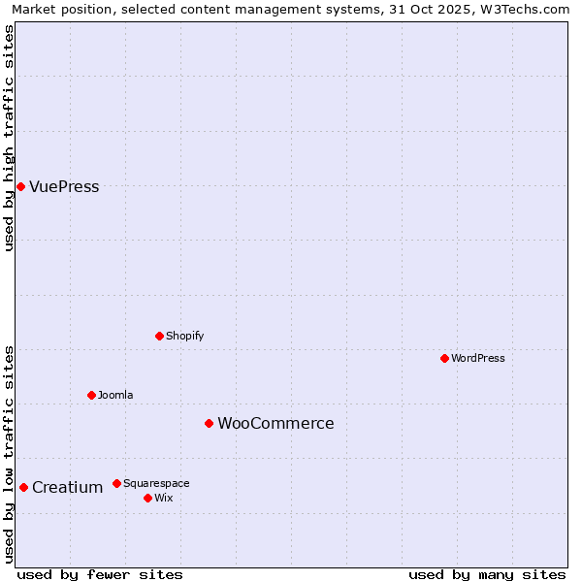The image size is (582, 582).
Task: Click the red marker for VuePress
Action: tap(20, 186)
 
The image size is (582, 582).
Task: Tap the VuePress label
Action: tap(64, 187)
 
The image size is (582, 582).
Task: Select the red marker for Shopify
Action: tap(159, 336)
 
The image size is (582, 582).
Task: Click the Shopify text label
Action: tap(184, 337)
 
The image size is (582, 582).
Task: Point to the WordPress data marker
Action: tap(444, 358)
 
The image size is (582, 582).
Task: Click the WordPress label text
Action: tap(477, 359)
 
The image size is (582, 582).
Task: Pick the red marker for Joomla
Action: tap(91, 395)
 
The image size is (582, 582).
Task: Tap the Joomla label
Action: tap(115, 396)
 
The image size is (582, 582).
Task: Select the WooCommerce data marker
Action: tap(209, 423)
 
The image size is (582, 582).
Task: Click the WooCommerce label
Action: tap(275, 424)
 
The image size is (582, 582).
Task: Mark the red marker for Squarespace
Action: tap(116, 483)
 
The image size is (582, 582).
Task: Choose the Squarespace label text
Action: tap(156, 484)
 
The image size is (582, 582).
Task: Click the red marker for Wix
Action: tap(147, 498)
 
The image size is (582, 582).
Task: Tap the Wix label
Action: tap(163, 499)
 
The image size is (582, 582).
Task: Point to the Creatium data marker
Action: tap(23, 487)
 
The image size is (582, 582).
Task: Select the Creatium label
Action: tap(67, 488)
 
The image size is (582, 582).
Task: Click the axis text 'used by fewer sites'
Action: tap(100, 574)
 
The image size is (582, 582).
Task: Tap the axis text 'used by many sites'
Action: tap(487, 574)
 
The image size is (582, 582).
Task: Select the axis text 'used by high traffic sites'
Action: tap(10, 138)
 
